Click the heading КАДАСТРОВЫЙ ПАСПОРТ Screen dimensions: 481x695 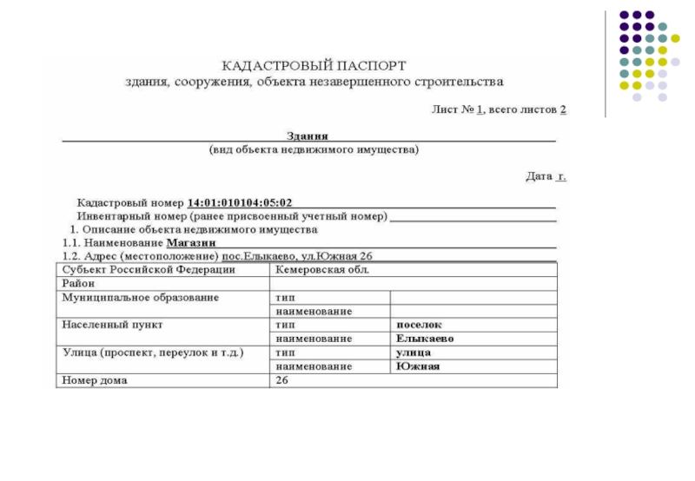click(314, 65)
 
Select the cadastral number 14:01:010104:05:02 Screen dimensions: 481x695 click(247, 202)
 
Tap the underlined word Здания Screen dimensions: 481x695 click(308, 135)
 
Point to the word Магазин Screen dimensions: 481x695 click(191, 243)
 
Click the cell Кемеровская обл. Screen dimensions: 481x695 click(322, 270)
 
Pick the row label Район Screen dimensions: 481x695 click(78, 283)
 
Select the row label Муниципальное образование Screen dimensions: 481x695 click(140, 297)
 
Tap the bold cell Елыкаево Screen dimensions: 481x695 click(426, 339)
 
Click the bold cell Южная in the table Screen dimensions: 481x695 click(418, 366)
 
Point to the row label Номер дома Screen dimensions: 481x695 click(95, 380)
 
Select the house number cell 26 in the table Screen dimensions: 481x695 click(281, 380)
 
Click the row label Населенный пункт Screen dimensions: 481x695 click(113, 325)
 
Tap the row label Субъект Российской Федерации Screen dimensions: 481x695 click(148, 270)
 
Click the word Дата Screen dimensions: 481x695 click(539, 176)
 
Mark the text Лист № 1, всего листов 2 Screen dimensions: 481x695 click(500, 110)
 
